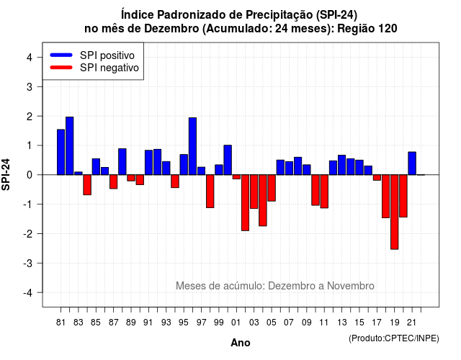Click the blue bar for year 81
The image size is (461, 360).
(61, 152)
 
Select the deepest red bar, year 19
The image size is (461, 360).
(395, 212)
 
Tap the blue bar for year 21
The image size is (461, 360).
(412, 163)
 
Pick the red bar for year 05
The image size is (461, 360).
(272, 188)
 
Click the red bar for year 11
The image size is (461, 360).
(324, 192)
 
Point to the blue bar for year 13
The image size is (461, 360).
(342, 165)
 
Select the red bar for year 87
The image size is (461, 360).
(114, 181)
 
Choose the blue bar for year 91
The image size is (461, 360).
(149, 163)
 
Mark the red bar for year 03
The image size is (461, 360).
(254, 192)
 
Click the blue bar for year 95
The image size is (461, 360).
(184, 165)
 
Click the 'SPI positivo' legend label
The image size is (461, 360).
(107, 55)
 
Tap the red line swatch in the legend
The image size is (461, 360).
(61, 67)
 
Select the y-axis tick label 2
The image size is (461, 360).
(30, 117)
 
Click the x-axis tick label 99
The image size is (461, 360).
(219, 323)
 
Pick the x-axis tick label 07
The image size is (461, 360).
(289, 323)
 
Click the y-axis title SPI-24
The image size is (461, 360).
(6, 174)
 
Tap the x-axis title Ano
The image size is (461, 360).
(241, 343)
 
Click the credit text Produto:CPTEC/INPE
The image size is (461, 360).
(394, 338)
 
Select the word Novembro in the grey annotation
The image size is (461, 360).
(351, 286)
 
